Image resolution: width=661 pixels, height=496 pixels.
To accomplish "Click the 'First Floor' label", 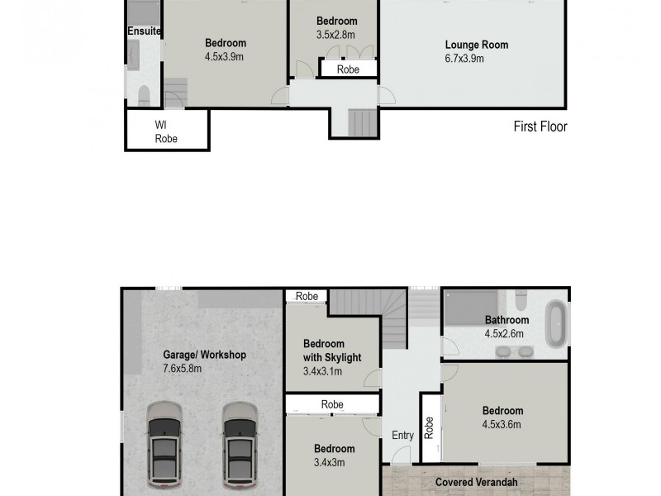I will [540, 126].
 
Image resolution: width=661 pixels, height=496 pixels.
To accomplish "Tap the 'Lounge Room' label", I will [477, 45].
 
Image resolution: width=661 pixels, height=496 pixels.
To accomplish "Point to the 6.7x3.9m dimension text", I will [464, 59].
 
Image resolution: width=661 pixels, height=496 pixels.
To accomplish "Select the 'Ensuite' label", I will [143, 31].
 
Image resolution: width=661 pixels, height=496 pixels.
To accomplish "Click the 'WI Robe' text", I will [166, 131].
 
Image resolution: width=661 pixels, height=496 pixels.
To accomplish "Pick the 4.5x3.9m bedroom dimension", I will [224, 57].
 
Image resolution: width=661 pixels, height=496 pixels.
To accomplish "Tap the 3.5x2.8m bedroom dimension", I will [336, 35].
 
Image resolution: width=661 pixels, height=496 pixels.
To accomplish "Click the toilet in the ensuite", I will [143, 93].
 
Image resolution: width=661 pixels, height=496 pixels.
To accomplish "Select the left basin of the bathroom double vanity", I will [502, 351].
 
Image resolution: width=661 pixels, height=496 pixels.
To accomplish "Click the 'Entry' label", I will [403, 436].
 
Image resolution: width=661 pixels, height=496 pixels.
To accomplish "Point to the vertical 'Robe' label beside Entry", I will [429, 427].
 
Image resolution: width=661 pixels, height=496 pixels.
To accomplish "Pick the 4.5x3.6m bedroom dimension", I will [502, 425].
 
